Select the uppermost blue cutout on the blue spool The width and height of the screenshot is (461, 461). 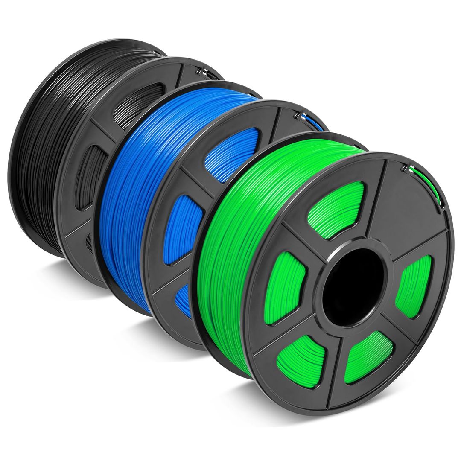pyautogui.click(x=233, y=154)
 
